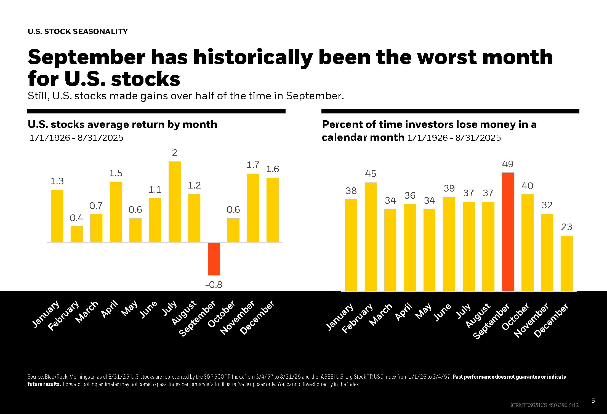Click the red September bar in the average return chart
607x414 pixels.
tap(214, 259)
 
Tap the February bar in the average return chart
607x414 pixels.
tap(77, 234)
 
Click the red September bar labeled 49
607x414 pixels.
tap(508, 232)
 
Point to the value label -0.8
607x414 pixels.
tap(214, 285)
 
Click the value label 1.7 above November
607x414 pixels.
tap(253, 165)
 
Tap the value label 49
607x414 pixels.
tap(508, 164)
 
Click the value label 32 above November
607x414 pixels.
tap(547, 205)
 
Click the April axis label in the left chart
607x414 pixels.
tap(110, 309)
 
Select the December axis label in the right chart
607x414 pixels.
tap(551, 320)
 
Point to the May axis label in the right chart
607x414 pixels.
tap(423, 311)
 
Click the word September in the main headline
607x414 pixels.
tap(86, 57)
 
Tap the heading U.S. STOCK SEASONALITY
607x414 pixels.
tap(78, 31)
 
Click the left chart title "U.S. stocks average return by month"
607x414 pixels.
tap(123, 124)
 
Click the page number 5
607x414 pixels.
tap(593, 401)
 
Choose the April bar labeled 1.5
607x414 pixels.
tap(116, 212)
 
